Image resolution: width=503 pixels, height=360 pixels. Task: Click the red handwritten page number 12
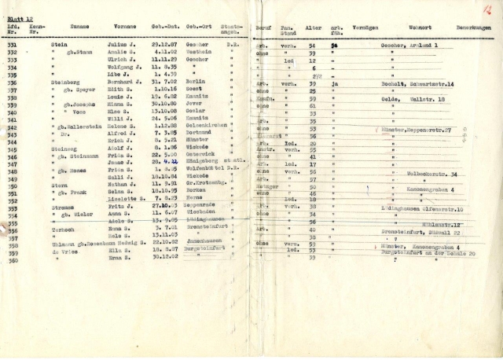[487, 9]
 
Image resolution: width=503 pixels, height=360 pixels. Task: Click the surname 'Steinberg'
[66, 83]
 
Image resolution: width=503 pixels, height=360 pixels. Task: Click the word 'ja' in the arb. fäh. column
[335, 83]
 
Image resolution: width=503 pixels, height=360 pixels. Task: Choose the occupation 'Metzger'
[269, 186]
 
